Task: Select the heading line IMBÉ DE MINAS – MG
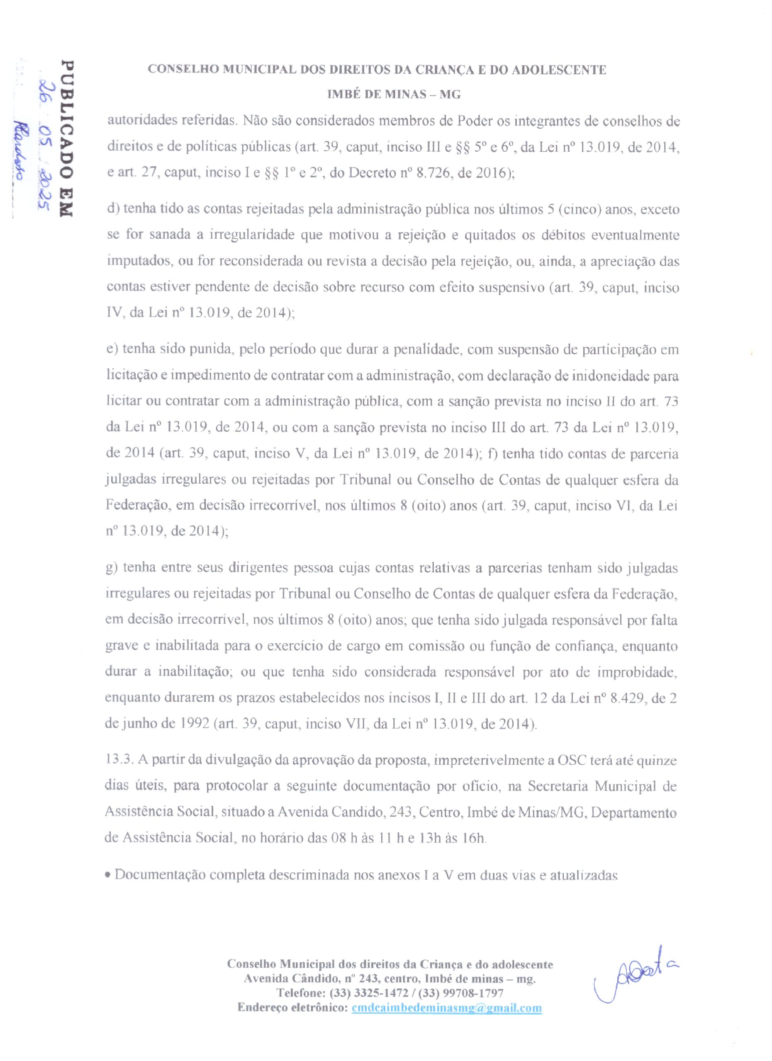(393, 95)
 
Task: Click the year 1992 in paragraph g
(193, 724)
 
